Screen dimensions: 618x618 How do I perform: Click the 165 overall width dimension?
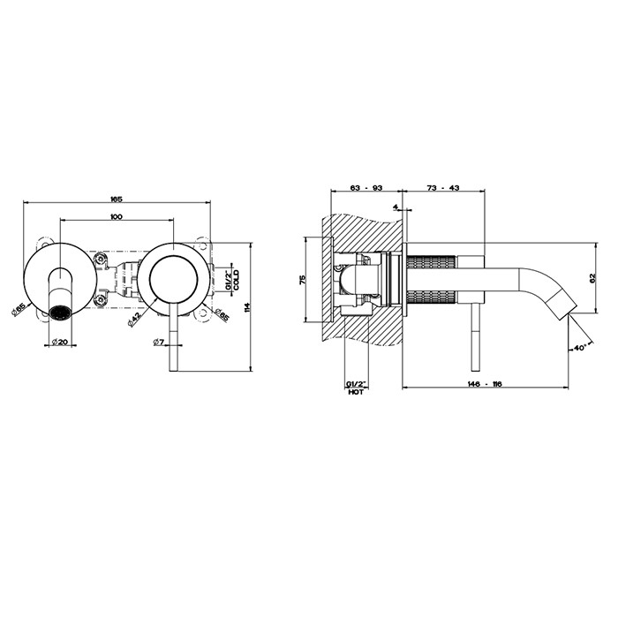point(117,200)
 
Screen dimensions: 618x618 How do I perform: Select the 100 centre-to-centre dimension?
point(117,216)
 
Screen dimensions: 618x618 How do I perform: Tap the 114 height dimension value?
point(247,307)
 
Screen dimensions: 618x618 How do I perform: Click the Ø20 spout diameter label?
point(60,343)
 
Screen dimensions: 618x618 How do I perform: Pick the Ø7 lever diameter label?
point(159,343)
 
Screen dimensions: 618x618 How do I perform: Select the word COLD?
point(236,280)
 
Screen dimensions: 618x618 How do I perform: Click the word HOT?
point(356,392)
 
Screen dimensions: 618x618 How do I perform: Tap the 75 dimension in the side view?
point(302,280)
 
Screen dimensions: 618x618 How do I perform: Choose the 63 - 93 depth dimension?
point(366,188)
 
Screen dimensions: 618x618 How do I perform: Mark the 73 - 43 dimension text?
point(443,188)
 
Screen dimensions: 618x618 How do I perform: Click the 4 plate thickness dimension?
point(395,206)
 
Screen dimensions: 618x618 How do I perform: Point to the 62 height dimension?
point(592,278)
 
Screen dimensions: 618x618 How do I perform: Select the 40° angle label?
point(581,348)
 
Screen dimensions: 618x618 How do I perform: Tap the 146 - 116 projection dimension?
point(486,384)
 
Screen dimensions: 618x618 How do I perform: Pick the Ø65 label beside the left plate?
point(19,309)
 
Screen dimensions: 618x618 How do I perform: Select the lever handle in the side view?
point(476,337)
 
